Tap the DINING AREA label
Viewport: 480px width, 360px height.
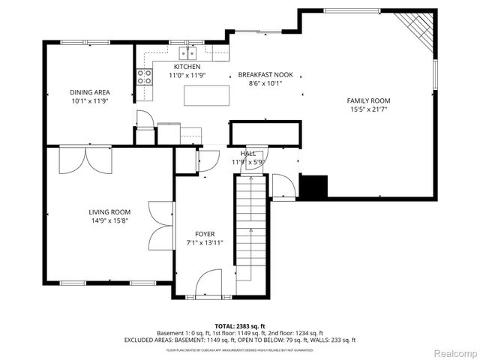[x=90, y=92]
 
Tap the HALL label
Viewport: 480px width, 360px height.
[x=248, y=153]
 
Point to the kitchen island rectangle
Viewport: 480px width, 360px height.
[x=205, y=95]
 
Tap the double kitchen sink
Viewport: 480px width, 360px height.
[x=187, y=53]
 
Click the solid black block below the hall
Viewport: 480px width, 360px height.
[x=313, y=186]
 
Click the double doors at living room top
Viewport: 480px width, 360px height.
[x=85, y=159]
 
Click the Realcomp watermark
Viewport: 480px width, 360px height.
[x=452, y=352]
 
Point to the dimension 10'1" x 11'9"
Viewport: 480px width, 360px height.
[x=90, y=100]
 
